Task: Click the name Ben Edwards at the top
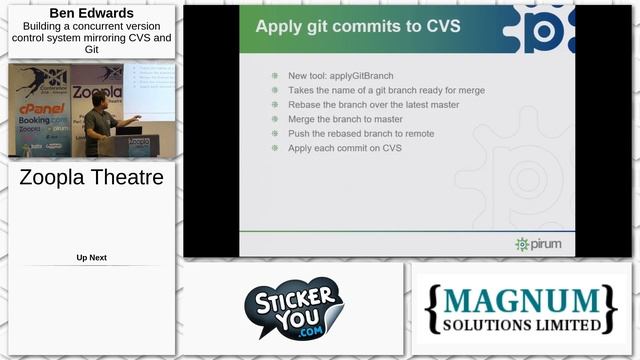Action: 91,13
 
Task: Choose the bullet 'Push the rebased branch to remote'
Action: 360,133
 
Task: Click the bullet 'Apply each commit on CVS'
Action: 344,148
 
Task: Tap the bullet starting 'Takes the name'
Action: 386,90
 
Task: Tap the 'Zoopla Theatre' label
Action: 91,178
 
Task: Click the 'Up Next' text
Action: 91,258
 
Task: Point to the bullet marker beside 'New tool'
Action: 275,76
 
